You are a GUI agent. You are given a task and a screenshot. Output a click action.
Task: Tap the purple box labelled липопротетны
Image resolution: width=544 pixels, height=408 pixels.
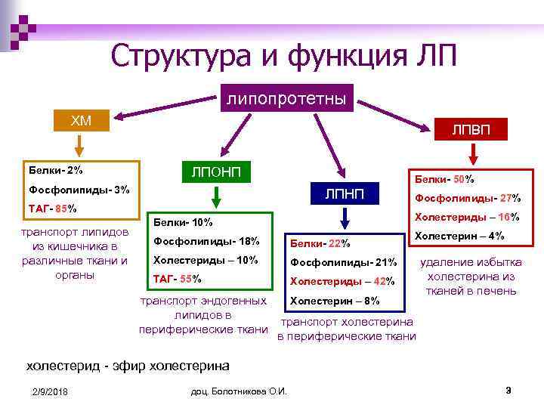click(x=286, y=98)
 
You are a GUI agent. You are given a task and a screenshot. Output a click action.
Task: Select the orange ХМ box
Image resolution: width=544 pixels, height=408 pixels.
click(x=80, y=121)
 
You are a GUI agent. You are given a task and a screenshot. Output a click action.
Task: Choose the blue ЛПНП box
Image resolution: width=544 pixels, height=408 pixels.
click(x=345, y=195)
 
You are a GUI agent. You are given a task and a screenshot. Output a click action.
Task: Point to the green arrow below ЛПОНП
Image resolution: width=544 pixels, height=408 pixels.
click(x=216, y=196)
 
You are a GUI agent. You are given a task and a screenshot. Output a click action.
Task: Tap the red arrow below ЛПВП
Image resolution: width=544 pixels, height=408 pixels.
click(x=472, y=153)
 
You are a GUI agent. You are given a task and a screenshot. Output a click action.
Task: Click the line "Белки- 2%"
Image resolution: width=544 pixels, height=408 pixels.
click(x=56, y=170)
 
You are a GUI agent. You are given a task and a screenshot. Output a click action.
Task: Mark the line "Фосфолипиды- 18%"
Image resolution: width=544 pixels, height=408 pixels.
click(x=206, y=241)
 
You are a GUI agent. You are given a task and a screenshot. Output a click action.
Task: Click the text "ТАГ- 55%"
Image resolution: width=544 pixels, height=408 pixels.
click(x=178, y=278)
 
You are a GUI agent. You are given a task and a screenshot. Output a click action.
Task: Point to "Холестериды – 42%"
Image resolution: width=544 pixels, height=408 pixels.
click(x=342, y=281)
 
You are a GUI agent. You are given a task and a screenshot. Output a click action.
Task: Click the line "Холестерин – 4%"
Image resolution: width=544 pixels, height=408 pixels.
click(x=460, y=236)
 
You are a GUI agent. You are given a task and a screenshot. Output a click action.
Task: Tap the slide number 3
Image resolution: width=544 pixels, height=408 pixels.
click(x=508, y=390)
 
